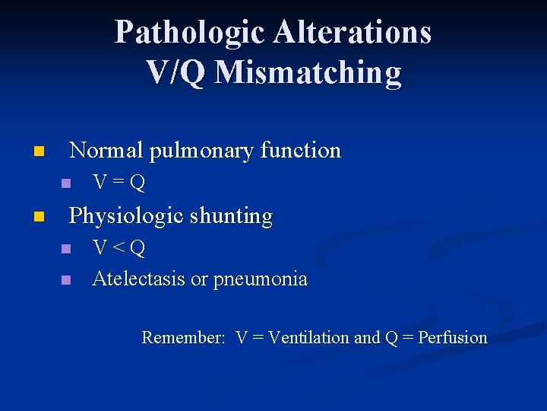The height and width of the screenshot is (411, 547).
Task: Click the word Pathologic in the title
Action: (x=189, y=33)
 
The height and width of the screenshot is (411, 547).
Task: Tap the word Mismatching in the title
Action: (x=308, y=72)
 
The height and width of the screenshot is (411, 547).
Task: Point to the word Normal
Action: (x=106, y=151)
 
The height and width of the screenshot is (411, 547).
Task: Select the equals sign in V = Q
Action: (x=119, y=183)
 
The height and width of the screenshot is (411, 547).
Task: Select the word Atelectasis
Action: (x=138, y=279)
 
